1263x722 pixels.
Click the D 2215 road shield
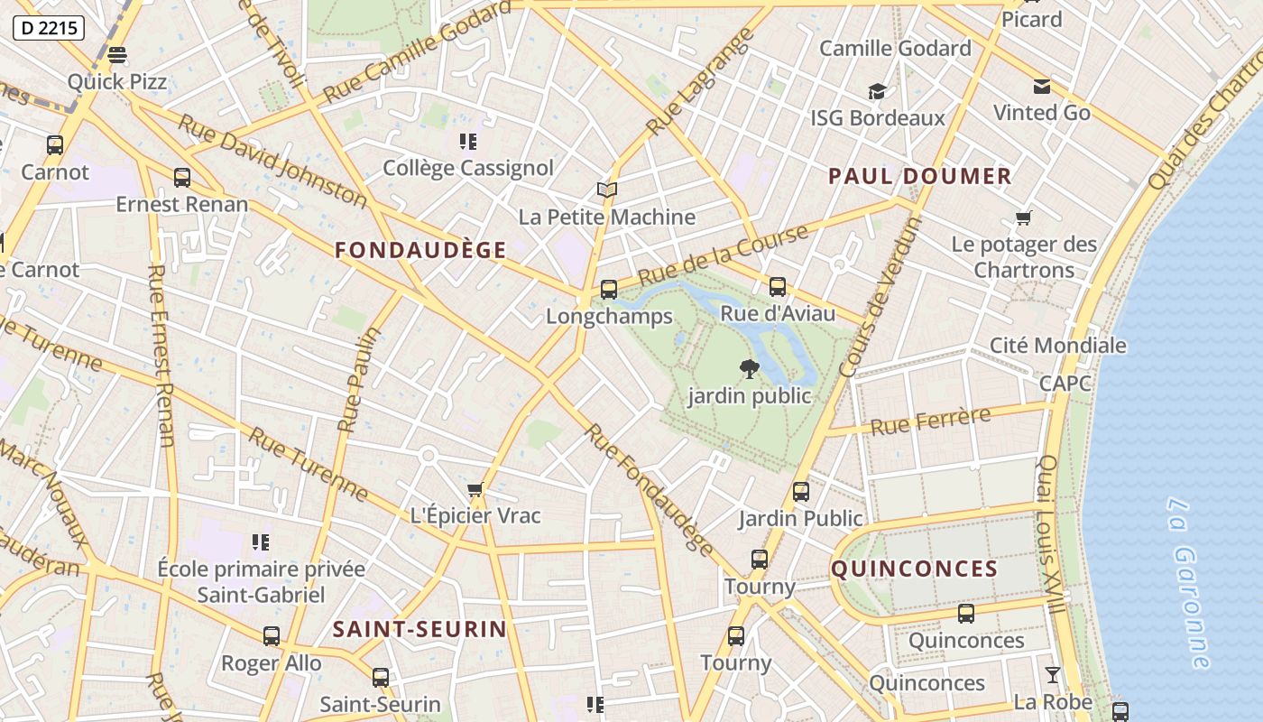pyautogui.click(x=50, y=28)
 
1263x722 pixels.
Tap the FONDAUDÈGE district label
pyautogui.click(x=420, y=251)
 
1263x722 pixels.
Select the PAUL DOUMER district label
pyautogui.click(x=920, y=177)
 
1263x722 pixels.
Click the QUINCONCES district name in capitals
pyautogui.click(x=914, y=569)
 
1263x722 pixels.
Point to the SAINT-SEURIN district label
pyautogui.click(x=419, y=629)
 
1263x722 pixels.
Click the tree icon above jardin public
pyautogui.click(x=749, y=368)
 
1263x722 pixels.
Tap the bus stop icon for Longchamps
pyautogui.click(x=609, y=290)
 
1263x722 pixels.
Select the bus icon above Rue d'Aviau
pyautogui.click(x=777, y=287)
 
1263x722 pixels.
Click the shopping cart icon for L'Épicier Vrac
pyautogui.click(x=475, y=490)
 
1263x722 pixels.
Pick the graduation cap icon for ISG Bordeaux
pyautogui.click(x=877, y=91)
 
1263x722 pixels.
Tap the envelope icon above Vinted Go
pyautogui.click(x=1042, y=87)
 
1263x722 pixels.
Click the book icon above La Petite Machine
pyautogui.click(x=607, y=190)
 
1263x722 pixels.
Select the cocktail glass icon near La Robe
pyautogui.click(x=1052, y=675)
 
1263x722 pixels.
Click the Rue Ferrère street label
pyautogui.click(x=930, y=421)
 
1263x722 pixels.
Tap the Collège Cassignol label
pyautogui.click(x=468, y=168)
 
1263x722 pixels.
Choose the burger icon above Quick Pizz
pyautogui.click(x=117, y=55)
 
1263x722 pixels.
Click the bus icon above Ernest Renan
pyautogui.click(x=182, y=178)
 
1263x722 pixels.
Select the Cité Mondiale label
pyautogui.click(x=1057, y=346)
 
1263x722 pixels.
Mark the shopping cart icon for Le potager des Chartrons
pyautogui.click(x=1023, y=218)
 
